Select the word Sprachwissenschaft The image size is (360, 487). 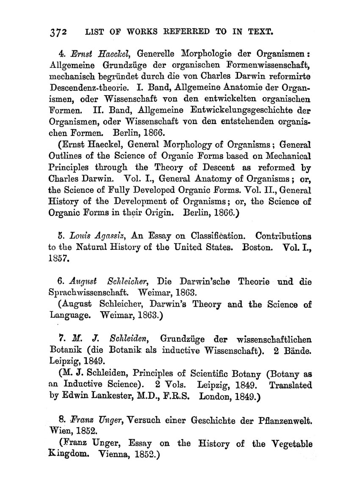(85, 292)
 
